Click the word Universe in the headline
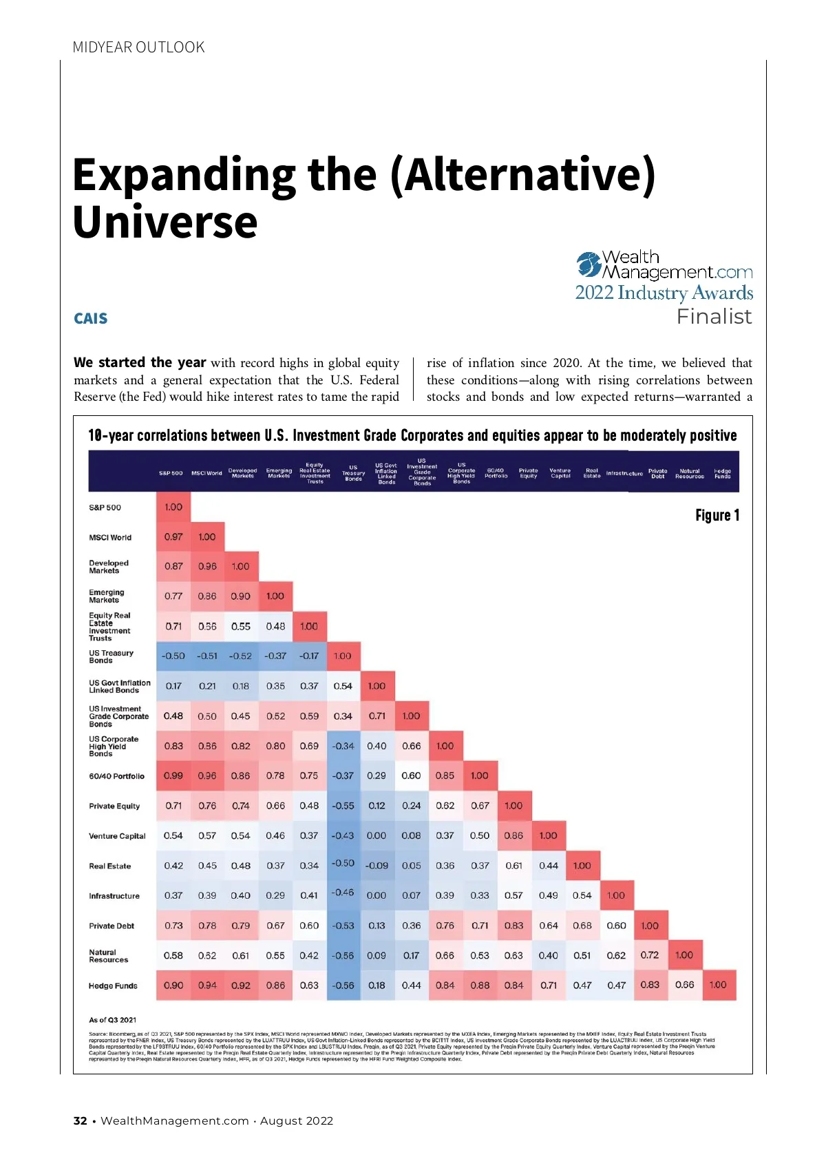click(x=165, y=222)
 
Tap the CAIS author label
click(x=91, y=319)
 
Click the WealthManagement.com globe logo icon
click(x=589, y=264)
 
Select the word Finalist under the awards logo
click(x=714, y=317)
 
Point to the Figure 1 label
click(x=717, y=516)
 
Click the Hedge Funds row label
click(x=113, y=986)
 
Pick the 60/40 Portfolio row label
click(x=116, y=776)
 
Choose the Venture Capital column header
click(x=560, y=473)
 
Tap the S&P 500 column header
click(x=171, y=473)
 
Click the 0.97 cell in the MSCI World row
click(x=173, y=537)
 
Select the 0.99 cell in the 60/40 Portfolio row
click(x=173, y=775)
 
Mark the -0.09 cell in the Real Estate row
click(x=377, y=866)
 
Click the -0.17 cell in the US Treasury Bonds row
click(x=309, y=656)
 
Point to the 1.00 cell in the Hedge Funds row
click(x=718, y=985)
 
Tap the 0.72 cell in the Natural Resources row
click(x=650, y=955)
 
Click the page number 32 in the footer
click(x=81, y=1120)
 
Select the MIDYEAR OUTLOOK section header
click(x=138, y=48)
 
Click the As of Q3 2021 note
click(x=113, y=1020)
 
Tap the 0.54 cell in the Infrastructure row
click(x=582, y=895)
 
